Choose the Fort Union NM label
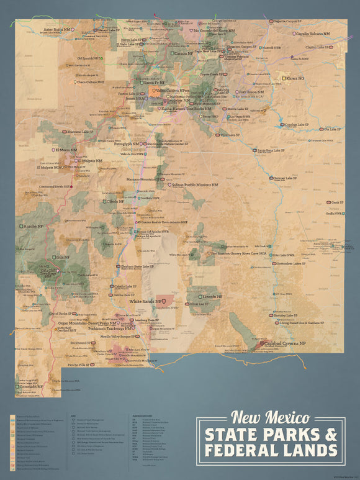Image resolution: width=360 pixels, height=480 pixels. (x=251, y=92)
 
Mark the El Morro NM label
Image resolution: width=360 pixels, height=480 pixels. (x=65, y=150)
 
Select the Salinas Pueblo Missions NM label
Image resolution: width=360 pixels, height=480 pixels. (x=195, y=184)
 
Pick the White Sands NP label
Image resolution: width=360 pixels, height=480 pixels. (x=148, y=301)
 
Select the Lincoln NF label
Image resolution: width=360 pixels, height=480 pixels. (x=212, y=296)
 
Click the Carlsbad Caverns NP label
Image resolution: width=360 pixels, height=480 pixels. (x=286, y=343)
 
